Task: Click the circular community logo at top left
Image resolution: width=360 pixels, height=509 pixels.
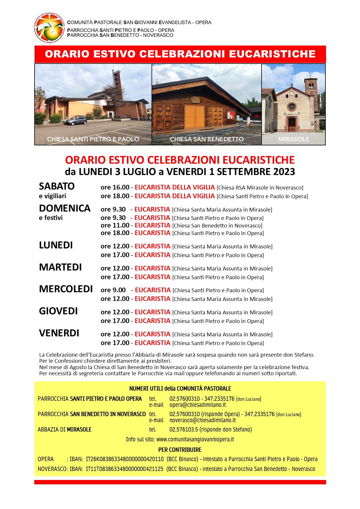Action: click(49, 28)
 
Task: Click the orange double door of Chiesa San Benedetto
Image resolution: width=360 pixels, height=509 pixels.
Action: click(195, 117)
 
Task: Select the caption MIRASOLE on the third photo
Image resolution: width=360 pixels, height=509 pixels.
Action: click(294, 139)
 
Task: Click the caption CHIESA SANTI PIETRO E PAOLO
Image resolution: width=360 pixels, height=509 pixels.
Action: click(93, 139)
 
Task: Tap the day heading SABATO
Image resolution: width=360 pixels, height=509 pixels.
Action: click(57, 186)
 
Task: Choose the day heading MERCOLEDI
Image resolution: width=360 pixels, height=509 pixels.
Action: click(66, 289)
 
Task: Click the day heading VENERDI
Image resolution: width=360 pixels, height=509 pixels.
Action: click(59, 333)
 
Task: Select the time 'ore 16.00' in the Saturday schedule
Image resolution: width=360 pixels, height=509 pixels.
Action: click(115, 187)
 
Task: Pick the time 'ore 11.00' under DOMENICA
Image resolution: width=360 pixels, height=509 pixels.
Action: click(115, 225)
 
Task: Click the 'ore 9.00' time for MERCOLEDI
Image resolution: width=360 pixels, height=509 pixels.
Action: click(113, 290)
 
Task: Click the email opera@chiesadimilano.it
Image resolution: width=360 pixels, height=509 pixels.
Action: click(198, 405)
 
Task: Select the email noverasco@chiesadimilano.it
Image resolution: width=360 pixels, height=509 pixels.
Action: click(203, 420)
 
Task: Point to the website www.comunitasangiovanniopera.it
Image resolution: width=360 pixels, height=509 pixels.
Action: click(195, 439)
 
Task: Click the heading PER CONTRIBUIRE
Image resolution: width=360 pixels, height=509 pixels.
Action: click(180, 450)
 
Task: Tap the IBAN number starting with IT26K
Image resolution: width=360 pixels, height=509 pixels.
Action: click(125, 459)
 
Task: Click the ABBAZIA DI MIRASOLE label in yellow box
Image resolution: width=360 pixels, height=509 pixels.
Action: click(64, 429)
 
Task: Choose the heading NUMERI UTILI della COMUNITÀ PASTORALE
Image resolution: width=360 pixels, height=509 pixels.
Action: click(180, 389)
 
